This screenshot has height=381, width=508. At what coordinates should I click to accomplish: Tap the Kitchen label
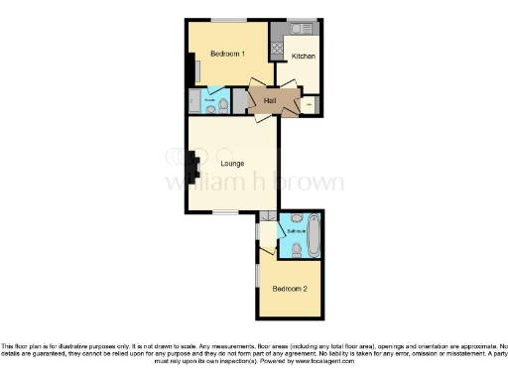303,58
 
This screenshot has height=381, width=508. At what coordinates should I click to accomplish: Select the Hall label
270,100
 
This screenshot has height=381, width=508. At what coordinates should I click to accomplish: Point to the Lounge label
232,164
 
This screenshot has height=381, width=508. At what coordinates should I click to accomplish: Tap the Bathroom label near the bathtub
295,231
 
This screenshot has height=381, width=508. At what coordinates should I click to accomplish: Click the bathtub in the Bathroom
315,236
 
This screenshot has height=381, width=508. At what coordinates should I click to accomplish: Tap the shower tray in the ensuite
193,101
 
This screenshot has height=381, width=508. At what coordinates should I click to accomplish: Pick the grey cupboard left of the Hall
239,101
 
